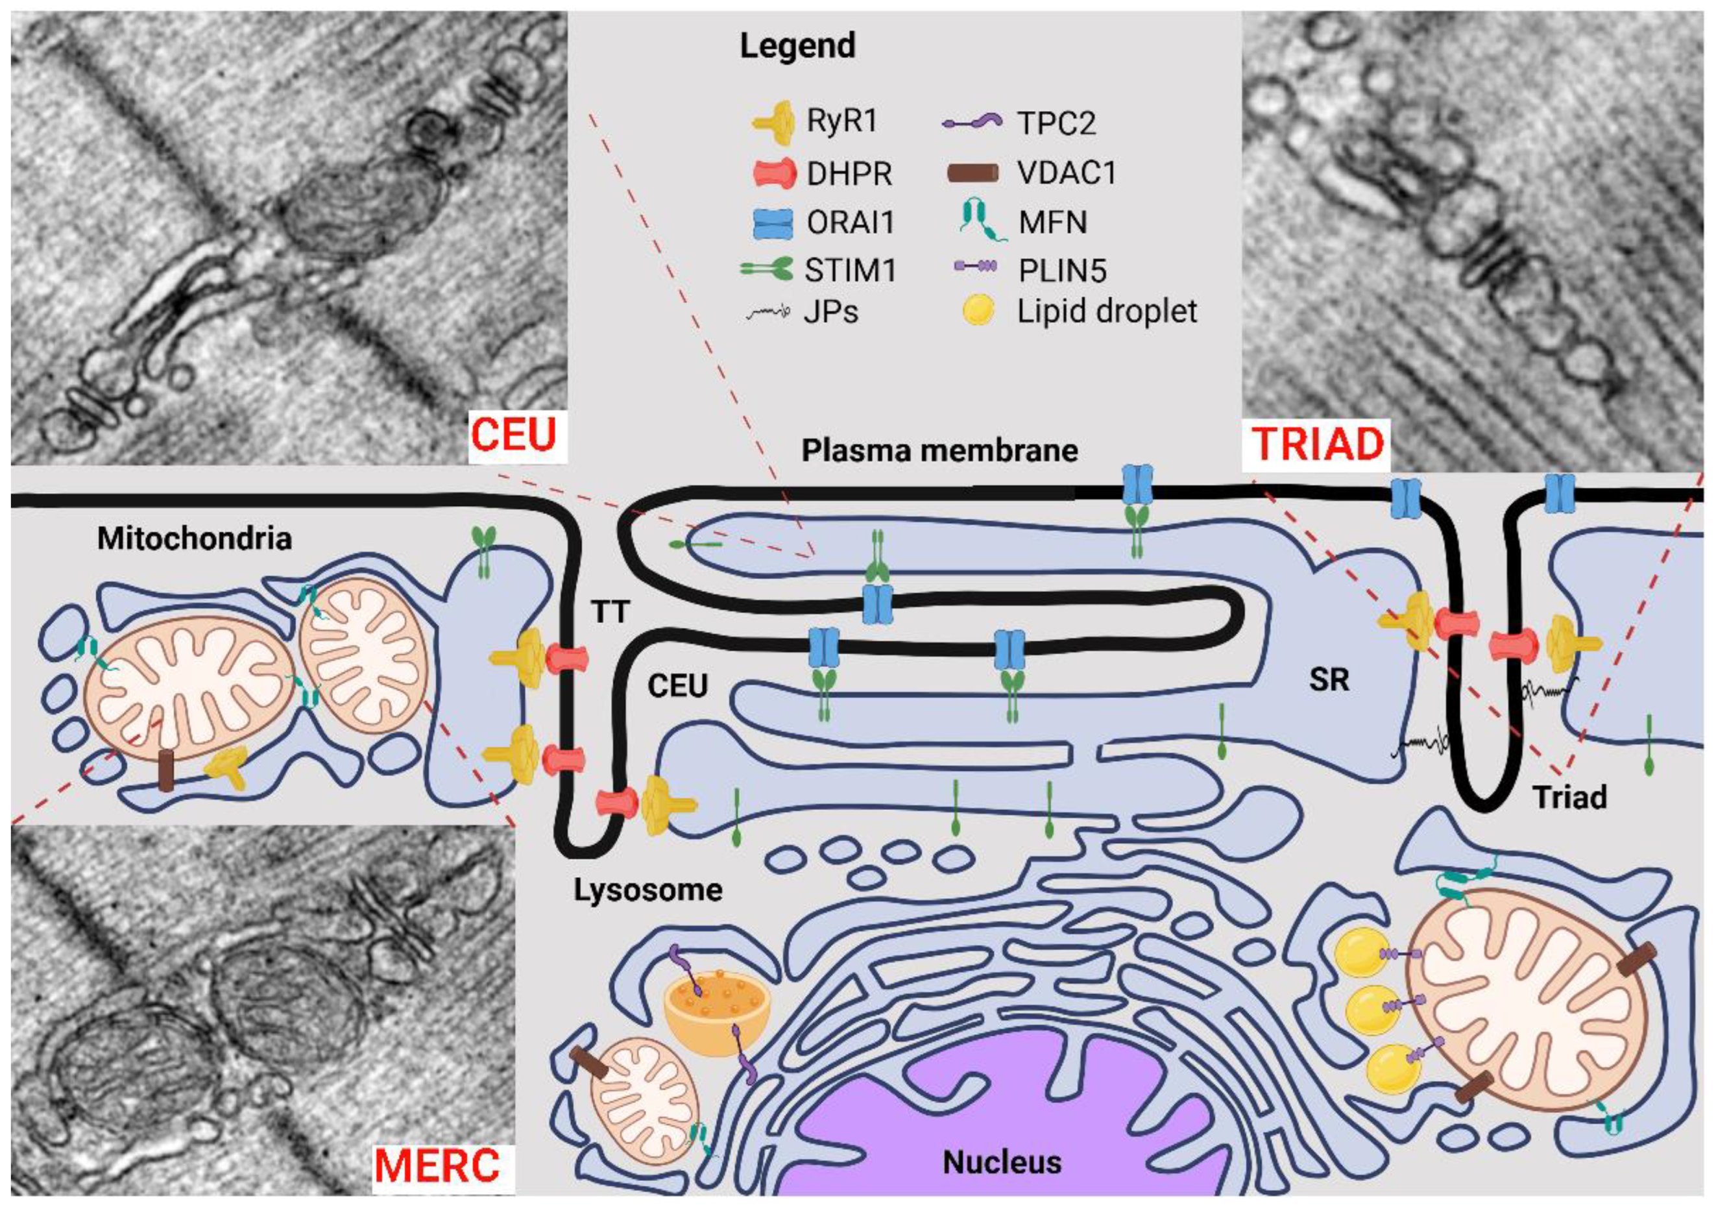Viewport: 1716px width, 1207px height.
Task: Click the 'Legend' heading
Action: (x=797, y=46)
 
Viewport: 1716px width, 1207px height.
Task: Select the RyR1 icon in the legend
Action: (x=773, y=123)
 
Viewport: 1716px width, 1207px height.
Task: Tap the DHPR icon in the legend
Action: (x=773, y=173)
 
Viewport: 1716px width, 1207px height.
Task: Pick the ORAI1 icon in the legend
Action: (x=773, y=223)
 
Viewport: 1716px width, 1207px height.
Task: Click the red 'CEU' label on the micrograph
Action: (x=514, y=435)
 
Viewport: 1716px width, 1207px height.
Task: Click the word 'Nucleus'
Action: (x=1002, y=1162)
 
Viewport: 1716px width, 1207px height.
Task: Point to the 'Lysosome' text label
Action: (x=648, y=890)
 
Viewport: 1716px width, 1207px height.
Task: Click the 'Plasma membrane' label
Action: (x=939, y=450)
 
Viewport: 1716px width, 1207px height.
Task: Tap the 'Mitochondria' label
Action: (x=195, y=538)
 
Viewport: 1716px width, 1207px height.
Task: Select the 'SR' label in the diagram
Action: (x=1329, y=679)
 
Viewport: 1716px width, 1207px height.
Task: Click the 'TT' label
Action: (x=610, y=613)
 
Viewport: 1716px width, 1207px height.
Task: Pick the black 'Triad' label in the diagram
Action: (x=1569, y=798)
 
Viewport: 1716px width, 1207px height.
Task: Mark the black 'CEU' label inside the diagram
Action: (x=677, y=686)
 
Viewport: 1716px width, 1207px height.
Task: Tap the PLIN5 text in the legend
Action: (x=1061, y=271)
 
